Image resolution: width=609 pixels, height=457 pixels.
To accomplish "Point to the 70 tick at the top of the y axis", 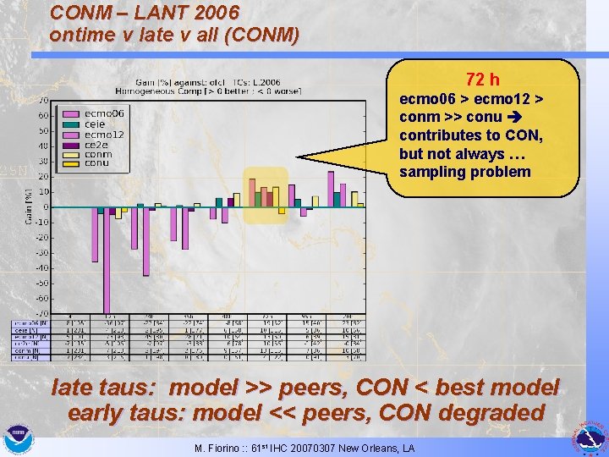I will [43, 100].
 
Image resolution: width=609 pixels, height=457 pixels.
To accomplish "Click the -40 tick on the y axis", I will [41, 267].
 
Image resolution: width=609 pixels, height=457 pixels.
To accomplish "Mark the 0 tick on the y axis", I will [46, 207].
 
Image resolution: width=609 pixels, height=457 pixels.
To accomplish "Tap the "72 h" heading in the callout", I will [483, 80].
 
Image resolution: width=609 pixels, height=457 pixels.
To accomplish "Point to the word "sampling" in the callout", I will [432, 173].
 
